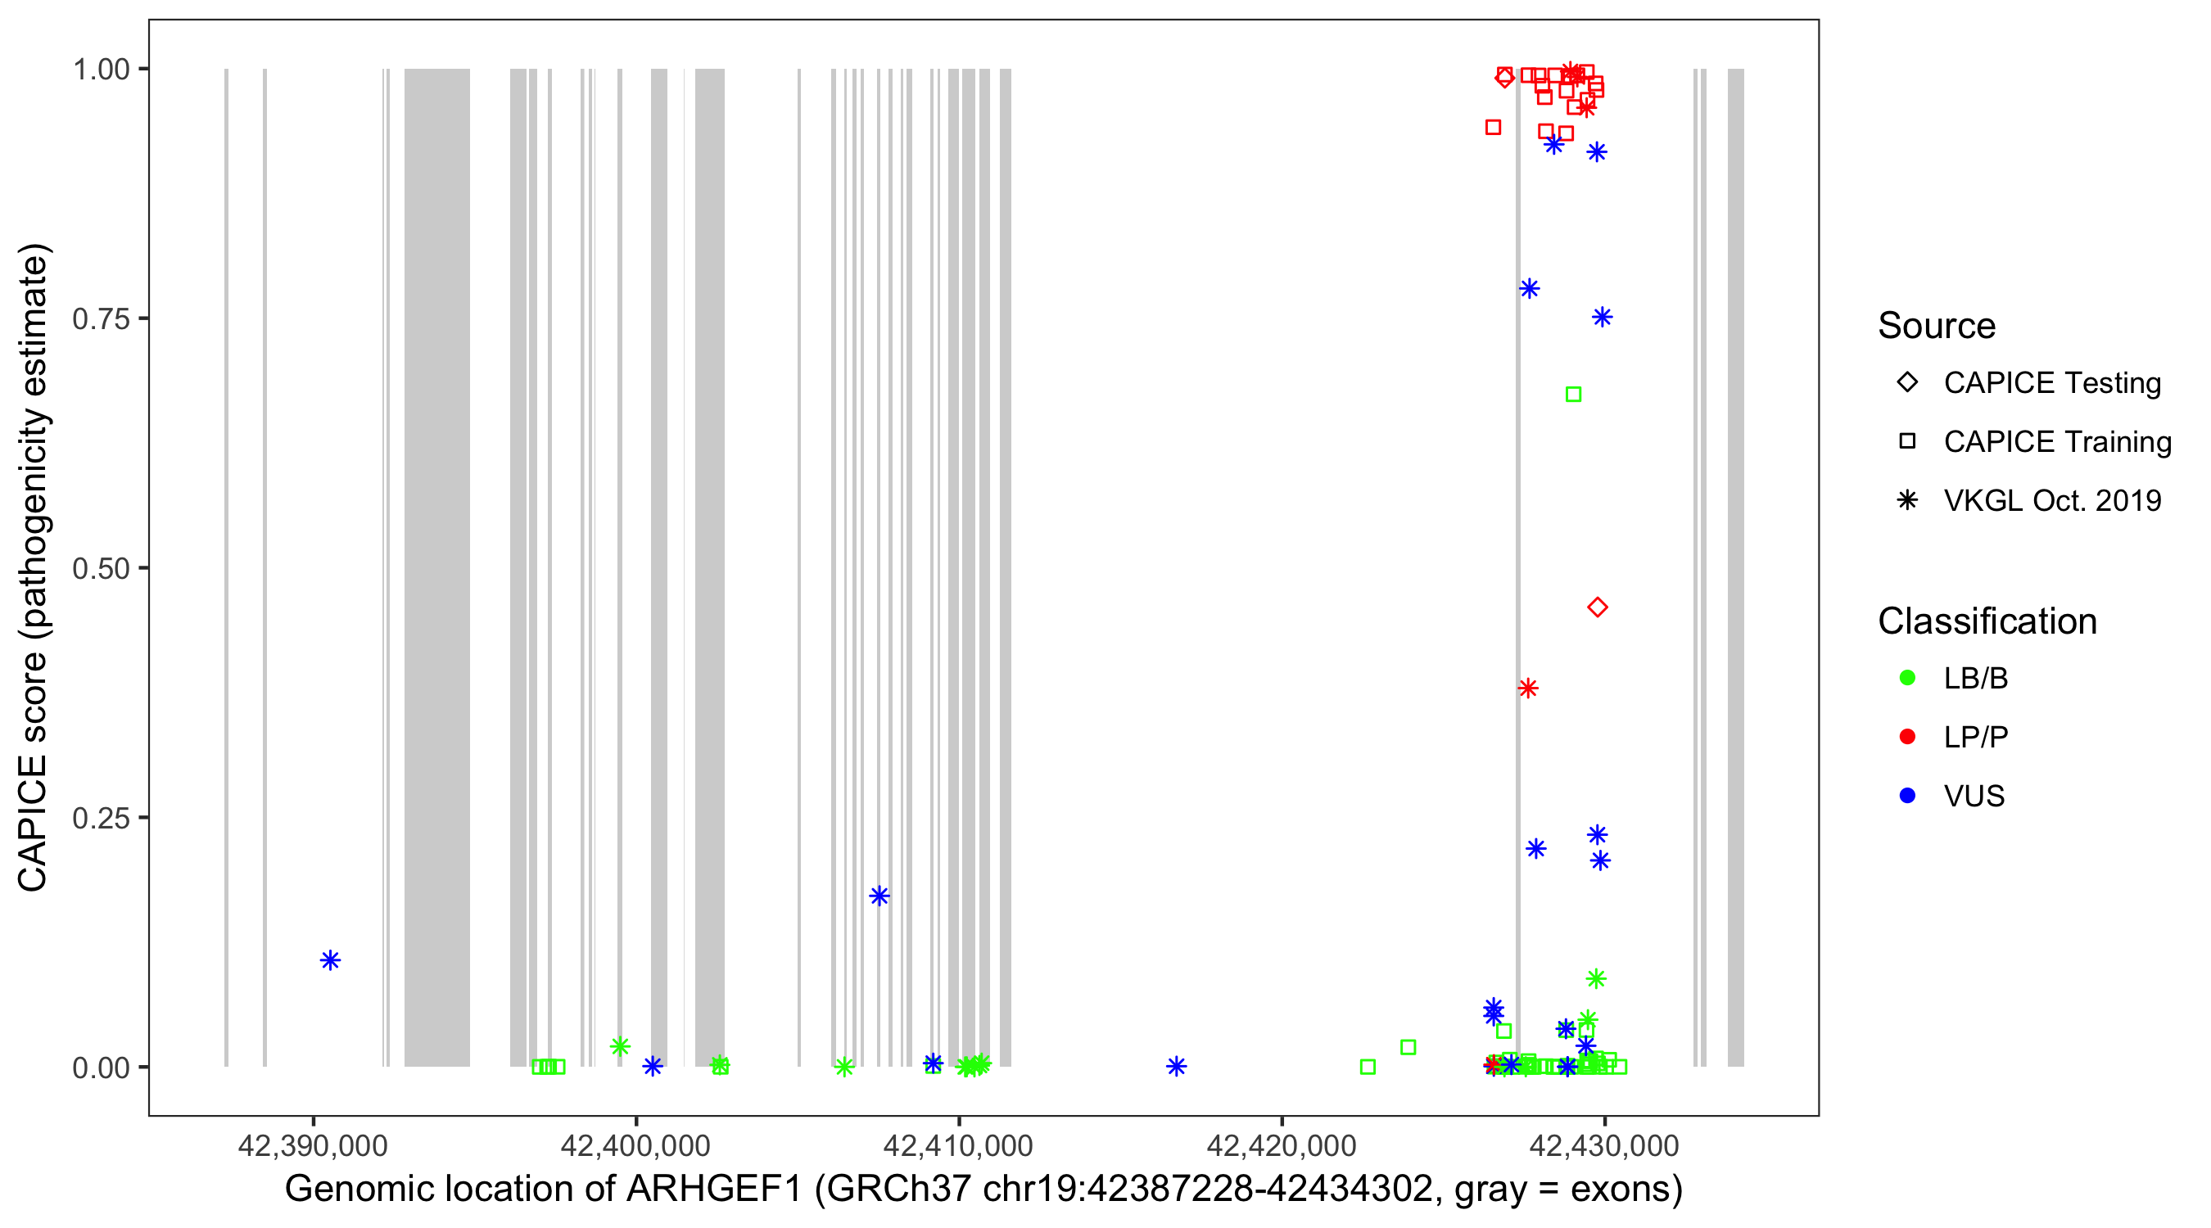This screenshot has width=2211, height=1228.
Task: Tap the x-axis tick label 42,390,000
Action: (x=313, y=1145)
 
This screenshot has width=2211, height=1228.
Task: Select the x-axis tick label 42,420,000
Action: (x=1282, y=1145)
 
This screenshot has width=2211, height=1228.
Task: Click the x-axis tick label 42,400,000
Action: (x=635, y=1145)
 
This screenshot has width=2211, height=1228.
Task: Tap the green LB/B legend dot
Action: (x=1908, y=678)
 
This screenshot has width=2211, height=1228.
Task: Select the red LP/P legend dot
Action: (x=1908, y=737)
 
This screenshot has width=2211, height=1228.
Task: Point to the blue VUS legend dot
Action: (x=1908, y=796)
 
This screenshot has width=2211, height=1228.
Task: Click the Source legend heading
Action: (x=1937, y=326)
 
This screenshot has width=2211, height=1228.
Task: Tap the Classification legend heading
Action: (x=1987, y=621)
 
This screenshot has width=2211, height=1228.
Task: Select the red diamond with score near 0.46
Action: (x=1598, y=607)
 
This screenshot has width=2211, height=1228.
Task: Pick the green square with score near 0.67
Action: (x=1573, y=395)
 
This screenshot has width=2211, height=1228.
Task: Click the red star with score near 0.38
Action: (x=1528, y=688)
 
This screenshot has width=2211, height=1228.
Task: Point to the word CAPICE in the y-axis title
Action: (x=33, y=822)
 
